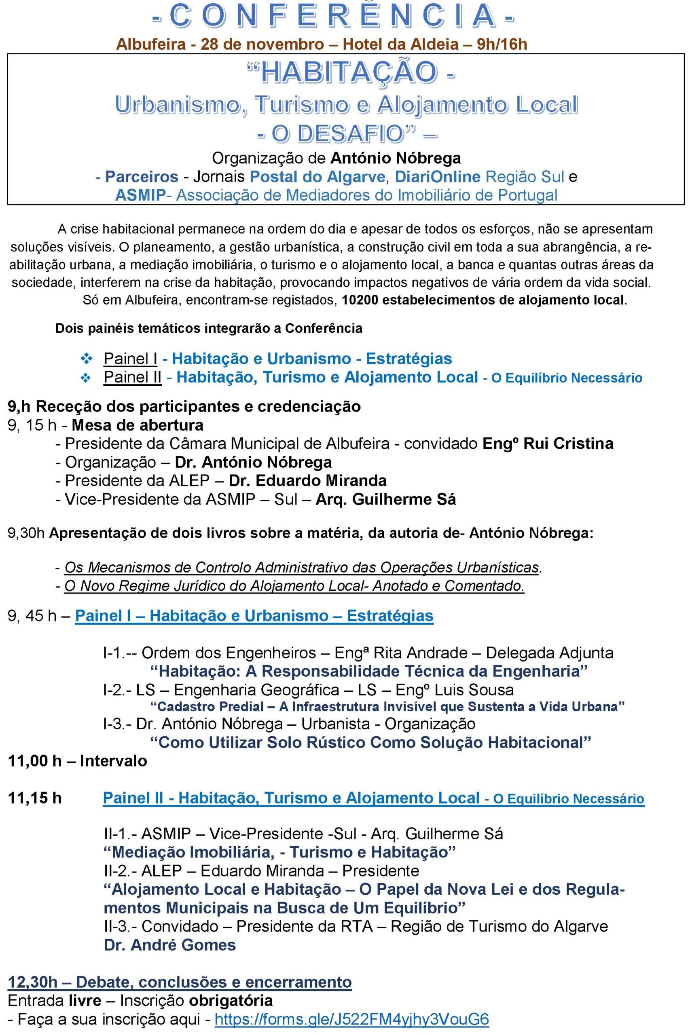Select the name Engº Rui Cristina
click(547, 444)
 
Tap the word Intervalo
click(113, 761)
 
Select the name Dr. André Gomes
click(170, 945)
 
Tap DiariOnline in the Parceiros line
click(437, 177)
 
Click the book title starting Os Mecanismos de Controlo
click(302, 567)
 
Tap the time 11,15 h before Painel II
click(35, 798)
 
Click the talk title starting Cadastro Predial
click(387, 707)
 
